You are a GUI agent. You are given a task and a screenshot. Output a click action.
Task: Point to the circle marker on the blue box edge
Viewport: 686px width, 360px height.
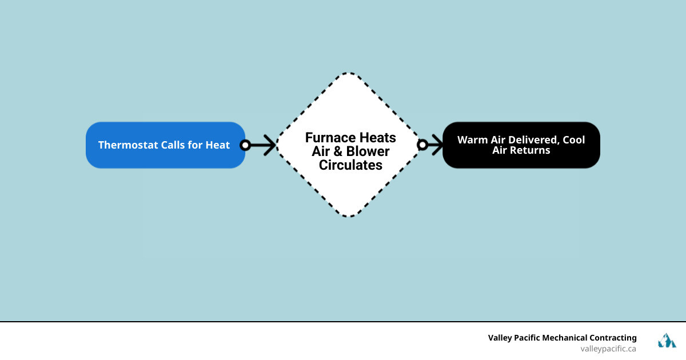[245, 145]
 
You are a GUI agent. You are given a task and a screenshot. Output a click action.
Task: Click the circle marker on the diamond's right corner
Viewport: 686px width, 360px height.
[422, 145]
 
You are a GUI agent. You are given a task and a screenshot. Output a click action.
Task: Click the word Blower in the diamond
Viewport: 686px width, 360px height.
[366, 151]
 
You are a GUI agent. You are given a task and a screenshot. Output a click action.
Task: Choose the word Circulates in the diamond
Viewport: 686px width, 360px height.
[350, 165]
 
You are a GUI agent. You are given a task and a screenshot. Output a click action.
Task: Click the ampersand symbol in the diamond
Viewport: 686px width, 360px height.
[335, 151]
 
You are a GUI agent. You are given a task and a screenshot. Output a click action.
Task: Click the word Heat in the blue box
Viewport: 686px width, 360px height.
[218, 145]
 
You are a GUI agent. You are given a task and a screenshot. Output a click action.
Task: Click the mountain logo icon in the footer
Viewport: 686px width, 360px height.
[667, 341]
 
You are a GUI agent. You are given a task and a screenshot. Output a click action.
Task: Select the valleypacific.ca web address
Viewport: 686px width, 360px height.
[608, 348]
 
